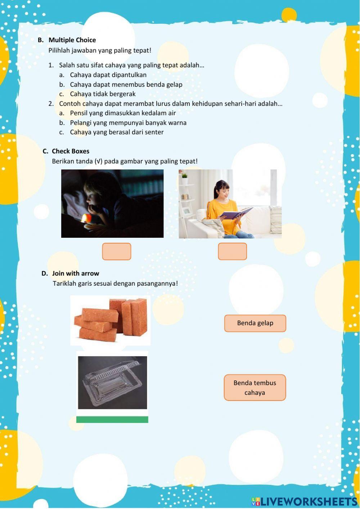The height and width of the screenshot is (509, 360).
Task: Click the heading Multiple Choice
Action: coord(72,40)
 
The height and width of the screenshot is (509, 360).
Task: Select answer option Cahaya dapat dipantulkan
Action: coord(108,75)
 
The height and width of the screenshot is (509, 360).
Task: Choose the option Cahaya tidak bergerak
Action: coord(103,94)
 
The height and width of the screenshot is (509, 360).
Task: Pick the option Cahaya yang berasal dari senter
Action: coord(117,132)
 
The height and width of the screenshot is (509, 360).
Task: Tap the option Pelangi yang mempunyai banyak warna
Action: coord(128,123)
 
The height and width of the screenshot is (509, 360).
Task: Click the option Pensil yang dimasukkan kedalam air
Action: coord(123,113)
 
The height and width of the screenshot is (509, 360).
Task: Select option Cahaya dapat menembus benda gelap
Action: coord(126,85)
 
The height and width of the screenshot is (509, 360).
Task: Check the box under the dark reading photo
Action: coord(117,251)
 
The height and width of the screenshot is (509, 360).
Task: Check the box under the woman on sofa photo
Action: coord(232,251)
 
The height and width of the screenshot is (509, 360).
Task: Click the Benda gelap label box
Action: coord(255,323)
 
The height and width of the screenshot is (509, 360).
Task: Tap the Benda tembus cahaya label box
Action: coord(255,388)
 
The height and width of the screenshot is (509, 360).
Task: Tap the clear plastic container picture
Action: coord(112,383)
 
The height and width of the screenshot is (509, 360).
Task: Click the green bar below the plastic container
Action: coord(112,420)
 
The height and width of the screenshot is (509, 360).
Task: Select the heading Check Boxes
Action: coord(71,151)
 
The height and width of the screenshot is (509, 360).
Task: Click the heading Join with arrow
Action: coord(76,273)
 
